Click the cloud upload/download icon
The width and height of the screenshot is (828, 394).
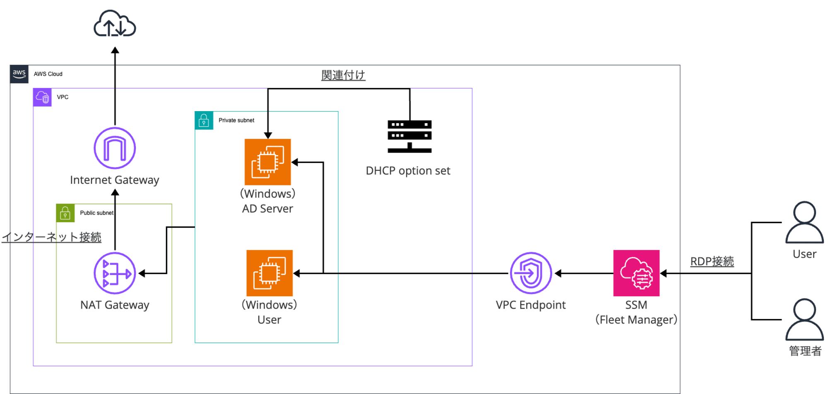pyautogui.click(x=115, y=24)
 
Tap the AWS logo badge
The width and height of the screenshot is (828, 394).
pyautogui.click(x=19, y=74)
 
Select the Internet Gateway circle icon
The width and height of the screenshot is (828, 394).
pyautogui.click(x=115, y=148)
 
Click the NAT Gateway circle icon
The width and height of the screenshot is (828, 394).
pyautogui.click(x=115, y=273)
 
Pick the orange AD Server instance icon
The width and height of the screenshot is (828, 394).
pyautogui.click(x=268, y=162)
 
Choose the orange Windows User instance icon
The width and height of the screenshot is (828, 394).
pyautogui.click(x=270, y=273)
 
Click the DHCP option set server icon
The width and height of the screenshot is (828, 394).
pyautogui.click(x=409, y=136)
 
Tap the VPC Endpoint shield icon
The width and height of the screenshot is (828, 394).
pyautogui.click(x=531, y=273)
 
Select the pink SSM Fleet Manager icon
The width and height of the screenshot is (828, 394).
pyautogui.click(x=636, y=273)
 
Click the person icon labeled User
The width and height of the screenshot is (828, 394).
pyautogui.click(x=804, y=222)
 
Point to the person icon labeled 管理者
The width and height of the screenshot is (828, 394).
pyautogui.click(x=804, y=319)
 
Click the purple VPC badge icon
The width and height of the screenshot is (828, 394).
pyautogui.click(x=42, y=97)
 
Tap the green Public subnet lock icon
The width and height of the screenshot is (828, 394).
pyautogui.click(x=65, y=213)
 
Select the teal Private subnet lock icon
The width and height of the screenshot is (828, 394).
pyautogui.click(x=204, y=121)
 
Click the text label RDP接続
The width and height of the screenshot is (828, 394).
pyautogui.click(x=712, y=262)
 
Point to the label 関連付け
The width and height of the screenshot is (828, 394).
pyautogui.click(x=343, y=75)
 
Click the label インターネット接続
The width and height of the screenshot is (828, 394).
pyautogui.click(x=52, y=237)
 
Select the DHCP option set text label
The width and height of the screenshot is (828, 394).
pyautogui.click(x=408, y=171)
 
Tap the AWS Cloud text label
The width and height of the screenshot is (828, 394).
pyautogui.click(x=48, y=74)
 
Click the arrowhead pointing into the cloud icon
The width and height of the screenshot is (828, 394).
pyautogui.click(x=115, y=50)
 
